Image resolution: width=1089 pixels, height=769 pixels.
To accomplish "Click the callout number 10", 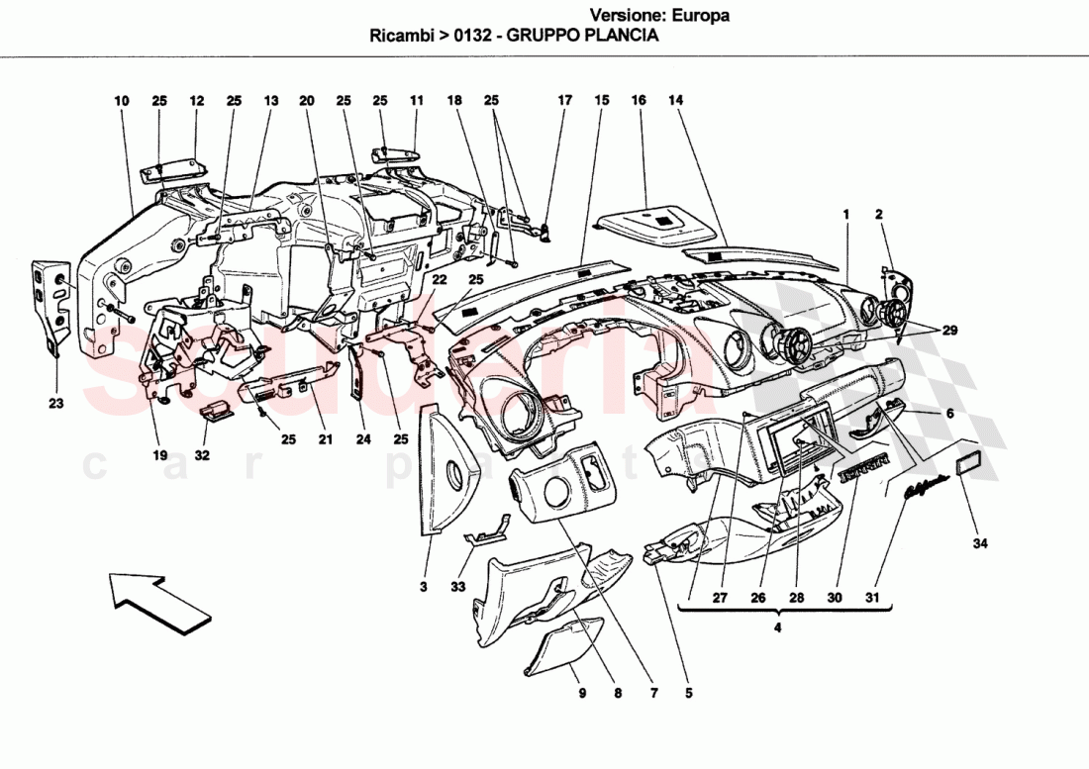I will pos(122,101).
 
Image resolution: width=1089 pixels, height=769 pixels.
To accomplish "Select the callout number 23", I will pos(55,402).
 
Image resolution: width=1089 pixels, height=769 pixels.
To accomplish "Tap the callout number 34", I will pos(980,542).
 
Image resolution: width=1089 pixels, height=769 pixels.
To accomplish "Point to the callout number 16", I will pos(639,101).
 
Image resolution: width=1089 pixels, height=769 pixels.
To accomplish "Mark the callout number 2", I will pos(877,213).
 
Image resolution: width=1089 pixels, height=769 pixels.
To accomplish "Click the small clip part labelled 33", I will pos(486,534).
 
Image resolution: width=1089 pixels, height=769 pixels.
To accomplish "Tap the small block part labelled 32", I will pos(215,412).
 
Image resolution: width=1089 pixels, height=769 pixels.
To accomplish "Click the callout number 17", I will pos(564,101).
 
